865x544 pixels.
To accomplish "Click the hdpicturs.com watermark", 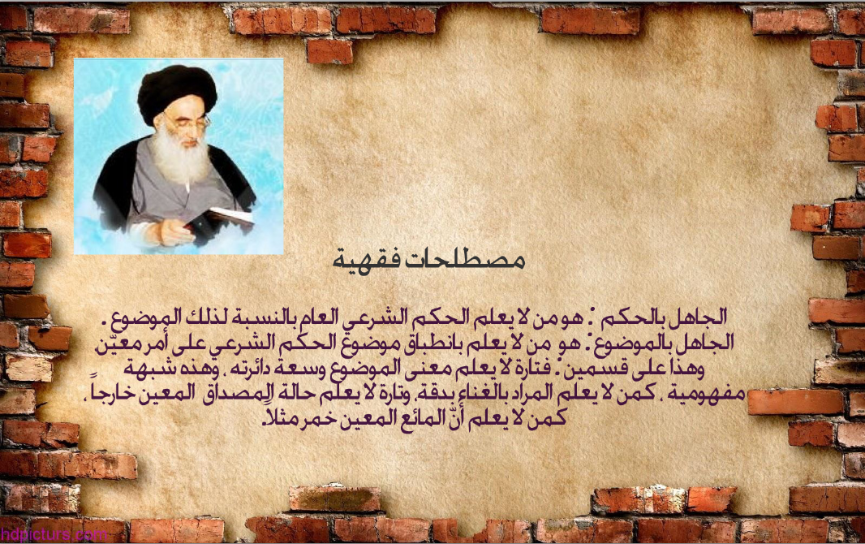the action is pyautogui.click(x=54, y=534).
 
